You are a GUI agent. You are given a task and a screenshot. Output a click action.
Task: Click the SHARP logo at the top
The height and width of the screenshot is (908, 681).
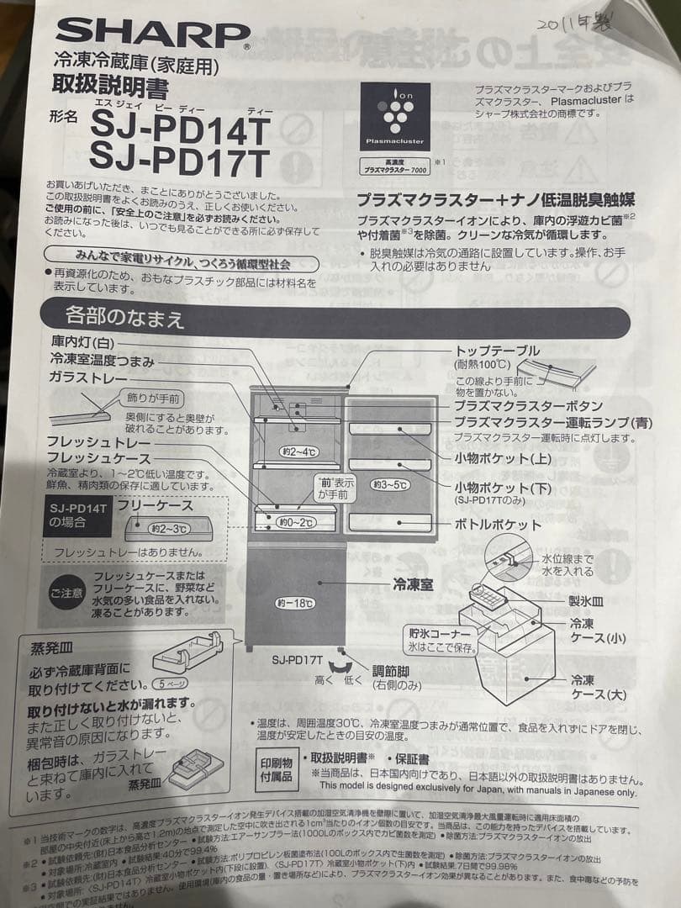coord(152,34)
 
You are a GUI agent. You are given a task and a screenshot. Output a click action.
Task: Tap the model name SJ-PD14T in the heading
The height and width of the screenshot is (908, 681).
coord(180,128)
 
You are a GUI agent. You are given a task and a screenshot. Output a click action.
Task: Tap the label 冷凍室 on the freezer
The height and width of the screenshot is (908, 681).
coord(413,585)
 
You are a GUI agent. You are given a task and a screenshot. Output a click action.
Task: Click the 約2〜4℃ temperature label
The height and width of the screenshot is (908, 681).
coord(300,451)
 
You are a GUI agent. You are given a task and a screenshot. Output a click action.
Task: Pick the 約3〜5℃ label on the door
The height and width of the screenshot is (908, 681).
coord(392,484)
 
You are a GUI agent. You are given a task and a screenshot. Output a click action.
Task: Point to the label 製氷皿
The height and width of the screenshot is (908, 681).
coord(586,602)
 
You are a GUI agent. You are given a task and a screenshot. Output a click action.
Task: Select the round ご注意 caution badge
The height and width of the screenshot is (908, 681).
coord(66,593)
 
